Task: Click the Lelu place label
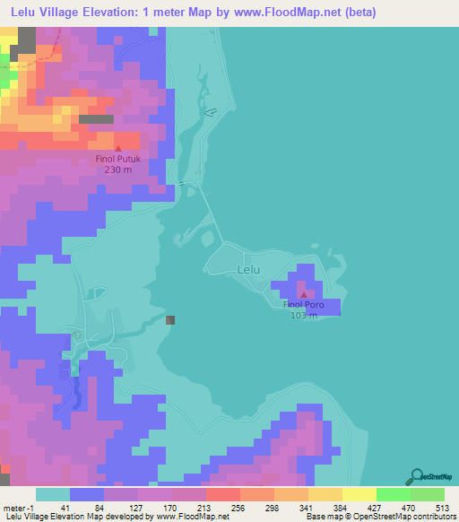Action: (x=248, y=268)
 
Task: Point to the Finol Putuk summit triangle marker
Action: (x=118, y=147)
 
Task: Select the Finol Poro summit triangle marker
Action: (x=304, y=294)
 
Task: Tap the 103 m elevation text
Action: (x=304, y=316)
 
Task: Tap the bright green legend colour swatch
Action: (x=393, y=494)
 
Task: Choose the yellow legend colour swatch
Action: (x=359, y=494)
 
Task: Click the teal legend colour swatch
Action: (x=53, y=494)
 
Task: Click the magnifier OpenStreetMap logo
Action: (x=416, y=476)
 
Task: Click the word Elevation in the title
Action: (x=108, y=12)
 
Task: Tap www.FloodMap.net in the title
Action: (x=290, y=12)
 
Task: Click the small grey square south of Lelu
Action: (x=170, y=319)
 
